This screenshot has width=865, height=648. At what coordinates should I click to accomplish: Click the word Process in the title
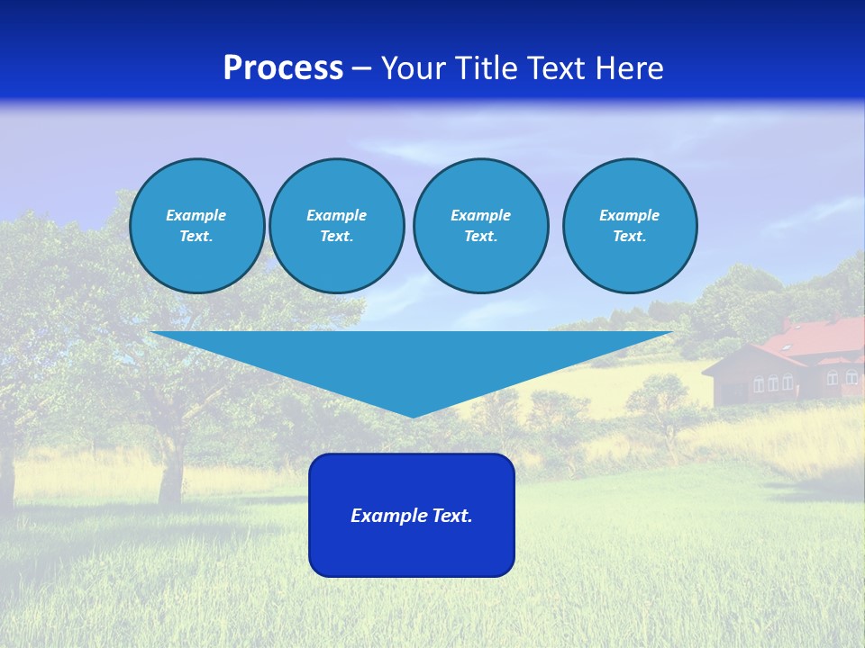(x=283, y=68)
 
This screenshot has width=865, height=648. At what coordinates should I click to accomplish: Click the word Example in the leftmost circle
(x=196, y=215)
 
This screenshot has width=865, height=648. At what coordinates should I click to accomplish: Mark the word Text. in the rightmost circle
(x=629, y=236)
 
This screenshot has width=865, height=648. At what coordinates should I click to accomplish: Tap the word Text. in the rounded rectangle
(x=452, y=516)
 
